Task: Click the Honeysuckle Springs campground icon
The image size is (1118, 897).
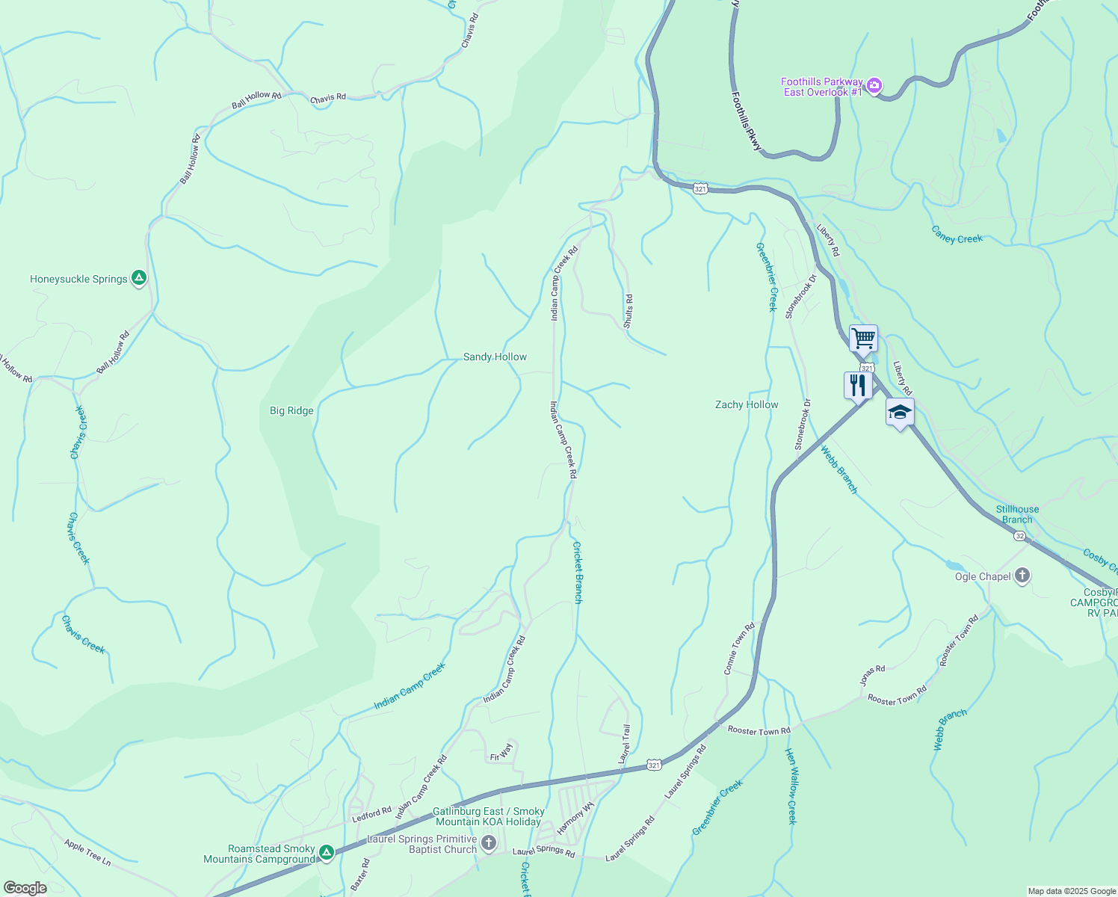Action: click(138, 278)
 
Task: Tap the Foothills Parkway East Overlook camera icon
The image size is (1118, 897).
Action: click(874, 86)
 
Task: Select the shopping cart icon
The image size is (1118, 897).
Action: click(863, 338)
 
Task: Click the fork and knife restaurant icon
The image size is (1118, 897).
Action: click(857, 385)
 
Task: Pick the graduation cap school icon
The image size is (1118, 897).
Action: click(900, 412)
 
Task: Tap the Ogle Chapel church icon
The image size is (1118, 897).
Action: click(1022, 576)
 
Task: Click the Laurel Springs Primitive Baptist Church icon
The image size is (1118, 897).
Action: click(488, 844)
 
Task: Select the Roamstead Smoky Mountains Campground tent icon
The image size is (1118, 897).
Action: click(326, 853)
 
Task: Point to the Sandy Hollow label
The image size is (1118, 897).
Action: click(495, 357)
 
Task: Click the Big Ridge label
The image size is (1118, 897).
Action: click(291, 410)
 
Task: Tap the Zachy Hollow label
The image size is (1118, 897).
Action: click(747, 404)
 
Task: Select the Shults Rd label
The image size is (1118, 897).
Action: click(629, 311)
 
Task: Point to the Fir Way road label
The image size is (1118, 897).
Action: click(501, 752)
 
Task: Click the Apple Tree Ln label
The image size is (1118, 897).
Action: click(87, 852)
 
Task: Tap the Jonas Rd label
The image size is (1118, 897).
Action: click(872, 675)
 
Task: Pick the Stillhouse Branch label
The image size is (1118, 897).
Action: click(1017, 514)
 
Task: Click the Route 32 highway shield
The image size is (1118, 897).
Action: click(1019, 536)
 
